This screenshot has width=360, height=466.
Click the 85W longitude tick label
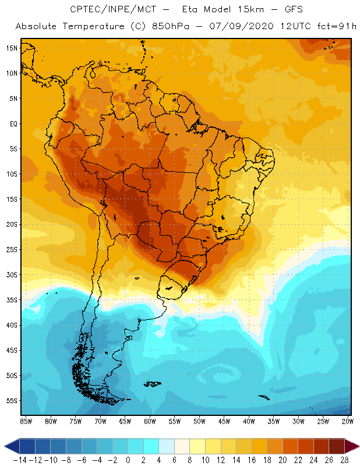26,421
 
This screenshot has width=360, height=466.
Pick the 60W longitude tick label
150,421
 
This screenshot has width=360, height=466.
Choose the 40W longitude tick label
250,421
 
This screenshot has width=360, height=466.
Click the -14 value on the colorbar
20,460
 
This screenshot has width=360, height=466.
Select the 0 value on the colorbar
128,460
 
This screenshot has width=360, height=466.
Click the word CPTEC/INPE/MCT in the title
107,10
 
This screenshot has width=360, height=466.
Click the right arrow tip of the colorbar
357,446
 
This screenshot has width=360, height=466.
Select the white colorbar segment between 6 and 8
182,446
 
